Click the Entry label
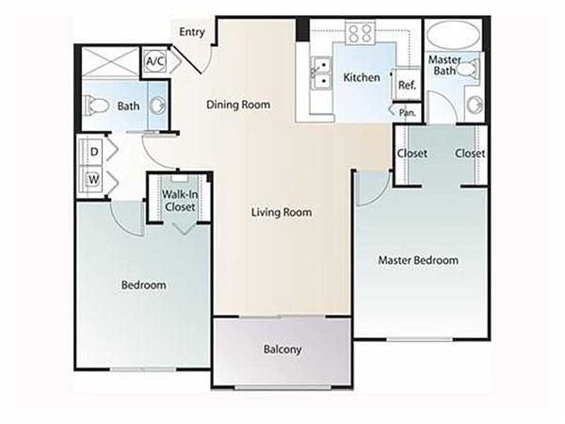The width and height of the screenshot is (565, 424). pyautogui.click(x=192, y=31)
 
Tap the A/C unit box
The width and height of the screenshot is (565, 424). pyautogui.click(x=154, y=62)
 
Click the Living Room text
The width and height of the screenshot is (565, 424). pyautogui.click(x=282, y=212)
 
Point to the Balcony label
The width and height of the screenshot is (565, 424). pyautogui.click(x=282, y=351)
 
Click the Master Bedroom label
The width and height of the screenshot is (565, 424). pyautogui.click(x=418, y=260)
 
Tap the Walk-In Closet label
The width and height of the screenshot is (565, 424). pyautogui.click(x=180, y=201)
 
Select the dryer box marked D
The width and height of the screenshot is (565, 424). pyautogui.click(x=95, y=150)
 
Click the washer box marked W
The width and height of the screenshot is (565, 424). pyautogui.click(x=95, y=177)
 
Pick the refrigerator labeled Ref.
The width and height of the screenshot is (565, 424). pyautogui.click(x=407, y=86)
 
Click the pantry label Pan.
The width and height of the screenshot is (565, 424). pyautogui.click(x=408, y=113)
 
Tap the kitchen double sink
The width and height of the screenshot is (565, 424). pyautogui.click(x=320, y=73)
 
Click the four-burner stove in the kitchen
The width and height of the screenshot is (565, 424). pyautogui.click(x=359, y=35)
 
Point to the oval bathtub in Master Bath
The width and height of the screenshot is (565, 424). pyautogui.click(x=453, y=39)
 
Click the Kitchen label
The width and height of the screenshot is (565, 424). pyautogui.click(x=362, y=77)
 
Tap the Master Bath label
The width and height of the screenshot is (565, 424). pyautogui.click(x=444, y=66)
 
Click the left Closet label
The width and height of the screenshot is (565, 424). pyautogui.click(x=412, y=153)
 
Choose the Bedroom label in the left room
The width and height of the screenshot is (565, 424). pyautogui.click(x=144, y=285)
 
